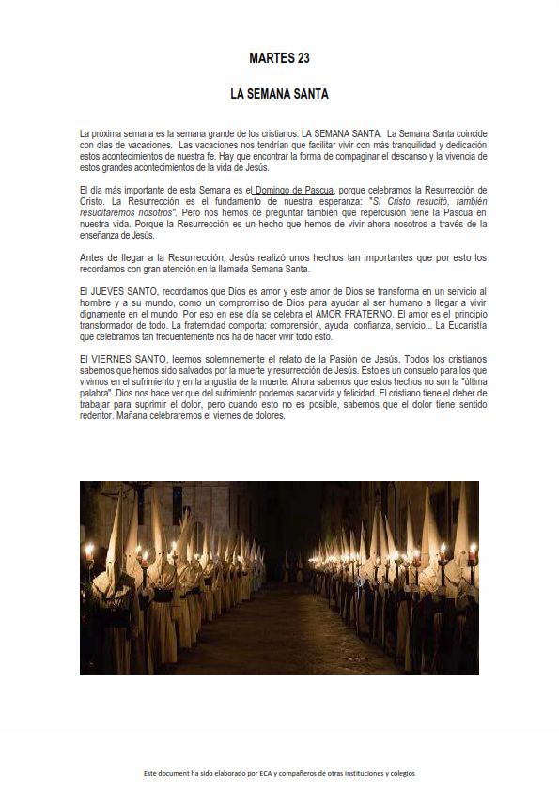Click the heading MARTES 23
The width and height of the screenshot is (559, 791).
(279, 58)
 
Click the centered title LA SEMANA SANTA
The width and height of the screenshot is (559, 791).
(279, 95)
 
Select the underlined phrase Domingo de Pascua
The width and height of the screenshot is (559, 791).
(292, 191)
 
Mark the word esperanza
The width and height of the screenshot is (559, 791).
(322, 201)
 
